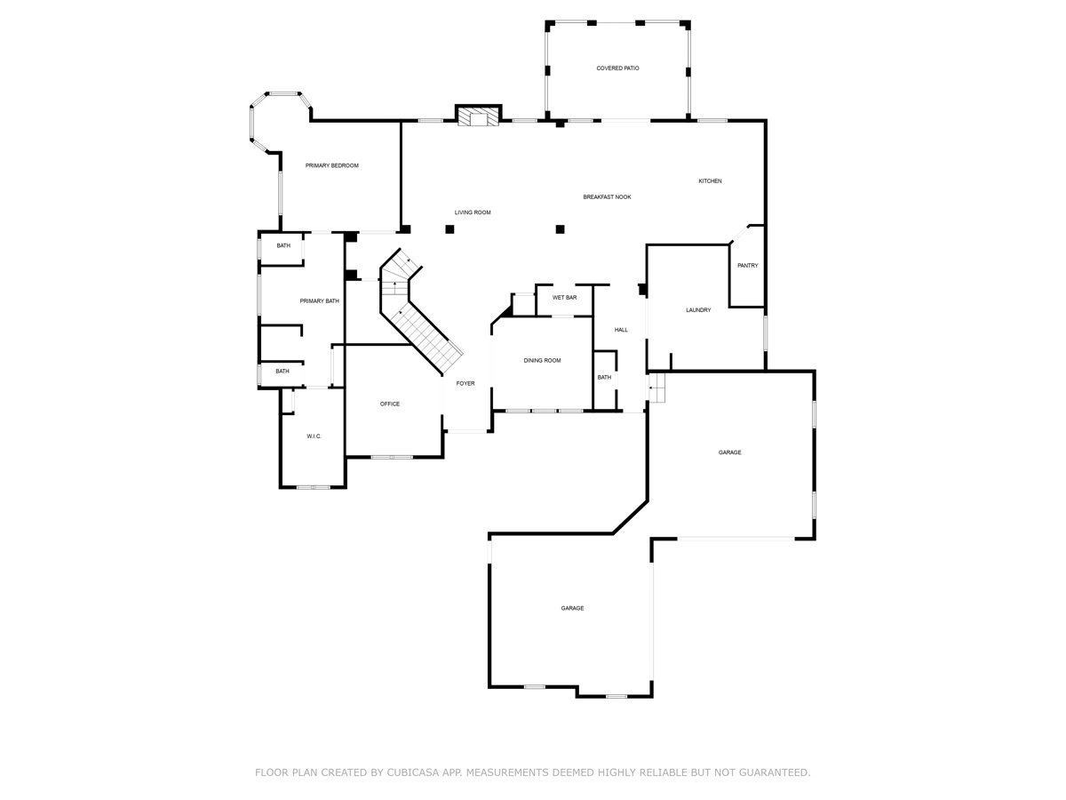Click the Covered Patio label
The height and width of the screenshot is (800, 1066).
click(617, 68)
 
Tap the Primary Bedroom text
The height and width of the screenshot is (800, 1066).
click(331, 165)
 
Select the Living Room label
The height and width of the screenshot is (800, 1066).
click(473, 212)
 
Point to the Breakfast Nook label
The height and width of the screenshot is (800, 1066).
click(607, 196)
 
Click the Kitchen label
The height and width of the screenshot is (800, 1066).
click(710, 181)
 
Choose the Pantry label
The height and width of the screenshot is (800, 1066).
click(747, 265)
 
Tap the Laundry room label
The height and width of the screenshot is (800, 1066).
click(698, 310)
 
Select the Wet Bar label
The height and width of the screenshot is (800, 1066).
click(564, 297)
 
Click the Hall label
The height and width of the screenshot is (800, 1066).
click(621, 330)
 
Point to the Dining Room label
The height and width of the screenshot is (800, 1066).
click(542, 360)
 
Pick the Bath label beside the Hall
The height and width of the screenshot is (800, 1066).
click(604, 378)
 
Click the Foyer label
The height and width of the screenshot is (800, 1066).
click(465, 383)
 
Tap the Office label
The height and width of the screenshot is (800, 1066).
click(390, 404)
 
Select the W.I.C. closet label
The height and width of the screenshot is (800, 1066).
click(314, 436)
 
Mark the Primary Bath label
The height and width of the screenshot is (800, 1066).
click(319, 301)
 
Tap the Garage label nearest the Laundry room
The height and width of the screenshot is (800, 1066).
click(729, 452)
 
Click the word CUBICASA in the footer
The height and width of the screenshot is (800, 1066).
click(414, 772)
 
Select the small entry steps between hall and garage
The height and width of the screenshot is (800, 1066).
click(656, 388)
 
